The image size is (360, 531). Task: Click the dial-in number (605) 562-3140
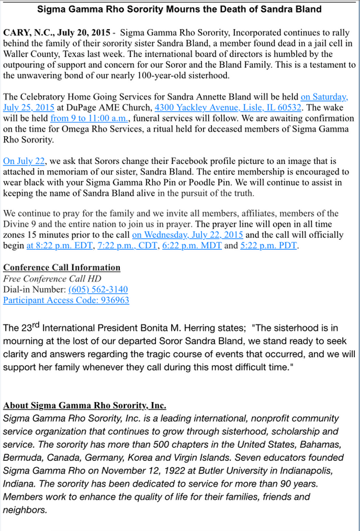(x=98, y=290)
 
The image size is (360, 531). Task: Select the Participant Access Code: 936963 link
(x=66, y=300)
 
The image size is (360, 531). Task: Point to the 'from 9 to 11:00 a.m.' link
(x=88, y=118)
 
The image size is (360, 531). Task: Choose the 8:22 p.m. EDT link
(x=59, y=245)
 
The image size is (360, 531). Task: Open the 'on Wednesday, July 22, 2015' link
(x=187, y=235)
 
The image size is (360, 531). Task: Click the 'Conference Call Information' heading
(x=62, y=268)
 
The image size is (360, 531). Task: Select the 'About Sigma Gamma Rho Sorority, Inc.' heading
(x=85, y=406)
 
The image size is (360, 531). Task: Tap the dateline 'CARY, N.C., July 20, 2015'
(x=57, y=32)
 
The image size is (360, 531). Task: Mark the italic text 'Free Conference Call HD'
(x=52, y=279)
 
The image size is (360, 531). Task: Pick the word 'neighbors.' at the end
(x=25, y=510)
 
